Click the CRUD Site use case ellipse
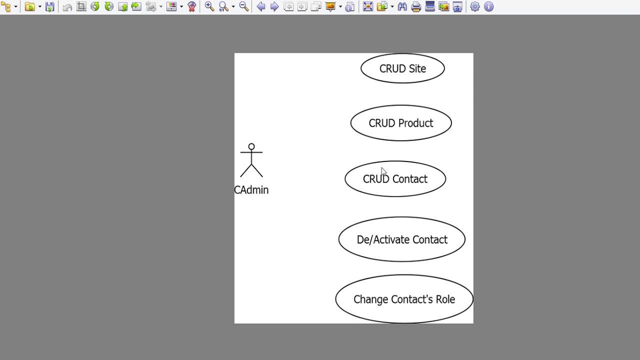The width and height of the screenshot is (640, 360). pyautogui.click(x=402, y=68)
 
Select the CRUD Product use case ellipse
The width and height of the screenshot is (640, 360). pyautogui.click(x=401, y=123)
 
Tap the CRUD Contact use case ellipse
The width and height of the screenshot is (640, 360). pyautogui.click(x=395, y=179)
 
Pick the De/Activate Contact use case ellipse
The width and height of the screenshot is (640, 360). pyautogui.click(x=402, y=239)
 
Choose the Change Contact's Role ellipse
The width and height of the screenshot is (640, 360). pyautogui.click(x=404, y=299)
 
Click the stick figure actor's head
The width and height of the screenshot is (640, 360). pyautogui.click(x=251, y=147)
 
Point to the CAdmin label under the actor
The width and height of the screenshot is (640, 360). pyautogui.click(x=251, y=190)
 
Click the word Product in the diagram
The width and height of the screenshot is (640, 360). pyautogui.click(x=415, y=123)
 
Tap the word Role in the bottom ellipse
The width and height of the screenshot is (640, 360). pyautogui.click(x=445, y=299)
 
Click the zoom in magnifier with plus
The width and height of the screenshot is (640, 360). pyautogui.click(x=209, y=6)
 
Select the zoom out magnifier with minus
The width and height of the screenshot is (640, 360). pyautogui.click(x=243, y=6)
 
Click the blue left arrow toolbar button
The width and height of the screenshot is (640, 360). pyautogui.click(x=260, y=6)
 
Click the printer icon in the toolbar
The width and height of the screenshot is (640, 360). pyautogui.click(x=416, y=6)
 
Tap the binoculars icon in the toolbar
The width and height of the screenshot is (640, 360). pyautogui.click(x=402, y=6)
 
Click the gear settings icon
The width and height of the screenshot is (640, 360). pyautogui.click(x=475, y=6)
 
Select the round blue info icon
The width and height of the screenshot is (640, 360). pyautogui.click(x=489, y=6)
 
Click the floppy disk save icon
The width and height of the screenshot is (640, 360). pyautogui.click(x=49, y=6)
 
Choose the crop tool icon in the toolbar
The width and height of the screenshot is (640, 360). pyautogui.click(x=81, y=6)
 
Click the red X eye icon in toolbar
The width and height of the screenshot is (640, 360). pyautogui.click(x=191, y=6)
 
